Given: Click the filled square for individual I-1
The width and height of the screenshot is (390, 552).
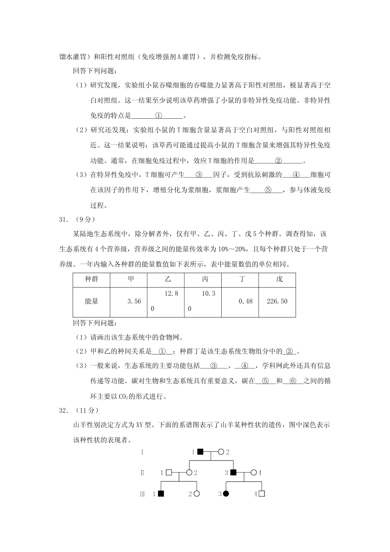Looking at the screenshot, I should pyautogui.click(x=200, y=452).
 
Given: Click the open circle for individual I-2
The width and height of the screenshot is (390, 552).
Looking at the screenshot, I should pyautogui.click(x=221, y=452).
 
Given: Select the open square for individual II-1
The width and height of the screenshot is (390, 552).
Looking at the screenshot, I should pyautogui.click(x=169, y=473).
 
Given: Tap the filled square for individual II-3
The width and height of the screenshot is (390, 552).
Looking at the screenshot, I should pyautogui.click(x=233, y=473).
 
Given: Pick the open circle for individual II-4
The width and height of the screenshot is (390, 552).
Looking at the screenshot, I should pyautogui.click(x=254, y=473).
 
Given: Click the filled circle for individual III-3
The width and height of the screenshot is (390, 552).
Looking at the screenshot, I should pyautogui.click(x=225, y=494).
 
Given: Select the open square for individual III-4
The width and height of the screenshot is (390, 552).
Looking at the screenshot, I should pyautogui.click(x=262, y=494).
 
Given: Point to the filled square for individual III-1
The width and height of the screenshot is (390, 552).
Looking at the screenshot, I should pyautogui.click(x=161, y=494).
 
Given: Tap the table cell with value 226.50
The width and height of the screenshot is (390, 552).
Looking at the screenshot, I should pyautogui.click(x=277, y=301).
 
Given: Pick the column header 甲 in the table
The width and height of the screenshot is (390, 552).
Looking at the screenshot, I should pyautogui.click(x=131, y=279).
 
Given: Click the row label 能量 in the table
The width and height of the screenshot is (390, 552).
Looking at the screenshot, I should pyautogui.click(x=92, y=301).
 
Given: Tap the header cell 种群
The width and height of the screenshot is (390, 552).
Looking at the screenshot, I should pyautogui.click(x=92, y=279).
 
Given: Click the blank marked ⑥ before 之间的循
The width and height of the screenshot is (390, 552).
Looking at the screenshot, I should pyautogui.click(x=293, y=381).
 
